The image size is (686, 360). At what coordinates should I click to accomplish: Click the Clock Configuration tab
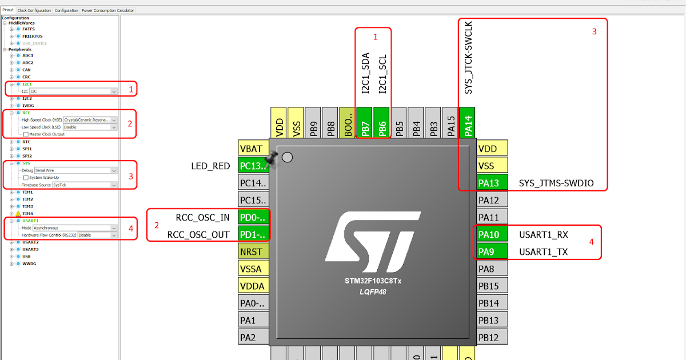(34, 10)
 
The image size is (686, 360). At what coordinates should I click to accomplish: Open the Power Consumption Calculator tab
(107, 10)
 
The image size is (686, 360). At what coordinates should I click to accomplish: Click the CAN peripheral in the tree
(26, 70)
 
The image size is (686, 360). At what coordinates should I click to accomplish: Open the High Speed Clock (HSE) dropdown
(90, 120)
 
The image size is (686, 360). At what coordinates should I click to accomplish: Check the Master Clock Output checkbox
(26, 134)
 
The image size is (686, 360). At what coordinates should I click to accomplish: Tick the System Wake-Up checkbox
(26, 178)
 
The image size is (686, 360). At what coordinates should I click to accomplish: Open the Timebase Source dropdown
(84, 185)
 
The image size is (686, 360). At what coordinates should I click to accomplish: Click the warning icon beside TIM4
(18, 214)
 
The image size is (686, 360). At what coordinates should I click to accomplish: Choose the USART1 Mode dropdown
(75, 228)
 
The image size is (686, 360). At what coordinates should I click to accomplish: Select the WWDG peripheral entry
(29, 263)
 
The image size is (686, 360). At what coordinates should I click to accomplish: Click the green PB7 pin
(364, 123)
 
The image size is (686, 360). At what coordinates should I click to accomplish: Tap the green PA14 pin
(467, 123)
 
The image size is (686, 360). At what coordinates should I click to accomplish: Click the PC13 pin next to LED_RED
(253, 166)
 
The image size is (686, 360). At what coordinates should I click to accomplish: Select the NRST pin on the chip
(253, 251)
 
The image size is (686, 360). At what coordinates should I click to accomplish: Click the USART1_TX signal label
(543, 252)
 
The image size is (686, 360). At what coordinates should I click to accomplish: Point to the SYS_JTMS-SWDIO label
(556, 183)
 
